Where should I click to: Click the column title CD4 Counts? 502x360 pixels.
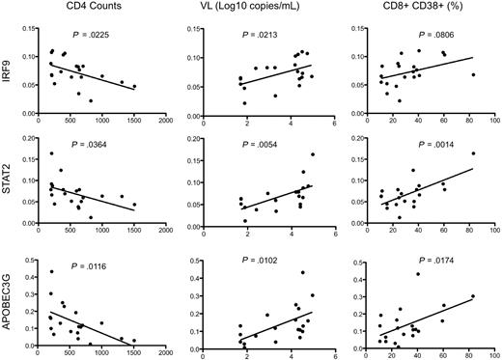96,11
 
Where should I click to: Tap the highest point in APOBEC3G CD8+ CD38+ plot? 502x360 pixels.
418,274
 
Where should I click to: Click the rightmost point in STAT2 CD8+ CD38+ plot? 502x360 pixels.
473,153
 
